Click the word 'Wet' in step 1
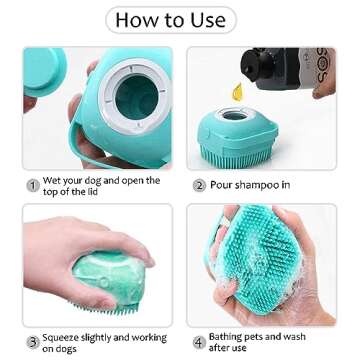click(x=53, y=181)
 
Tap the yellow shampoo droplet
click(x=236, y=93)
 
